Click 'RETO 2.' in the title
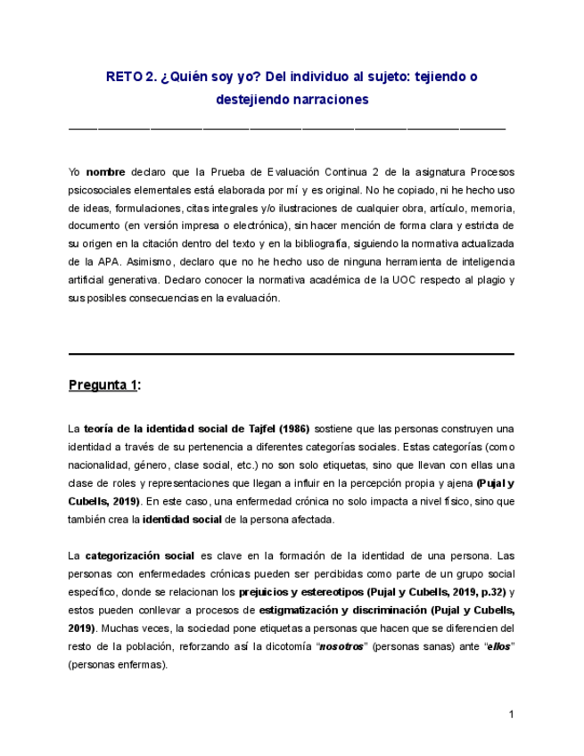[x=131, y=77]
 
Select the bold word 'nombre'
[x=106, y=171]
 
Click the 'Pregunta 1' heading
[x=103, y=385]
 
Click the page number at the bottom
[x=511, y=714]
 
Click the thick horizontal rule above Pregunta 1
[x=292, y=354]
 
